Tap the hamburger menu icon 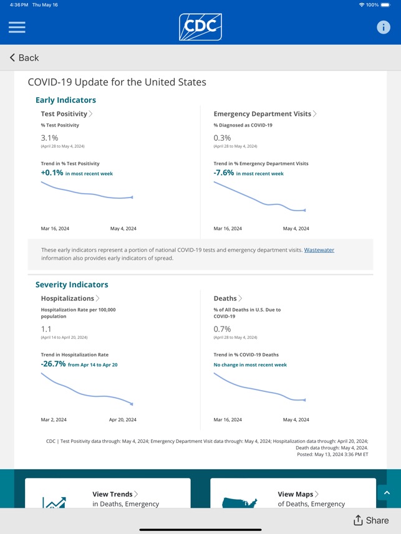[17, 27]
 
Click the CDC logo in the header [200, 27]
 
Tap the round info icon [384, 27]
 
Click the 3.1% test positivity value [50, 138]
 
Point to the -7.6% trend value [224, 173]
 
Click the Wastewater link [319, 250]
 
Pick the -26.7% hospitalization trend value [53, 364]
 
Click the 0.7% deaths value [223, 329]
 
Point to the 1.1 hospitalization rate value [46, 329]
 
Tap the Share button [371, 520]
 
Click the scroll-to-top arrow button [387, 492]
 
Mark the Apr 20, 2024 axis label [123, 420]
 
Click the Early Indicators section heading [65, 100]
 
